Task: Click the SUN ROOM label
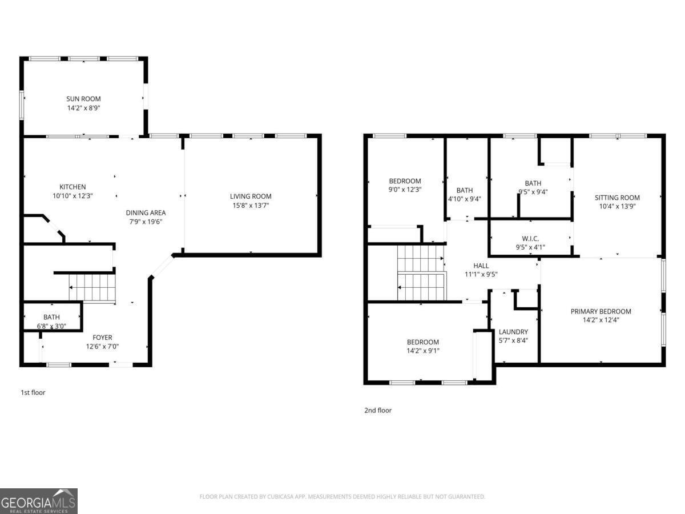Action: [x=83, y=99]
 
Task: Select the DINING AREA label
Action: [x=146, y=213]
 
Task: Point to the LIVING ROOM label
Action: [x=251, y=196]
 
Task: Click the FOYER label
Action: [x=102, y=338]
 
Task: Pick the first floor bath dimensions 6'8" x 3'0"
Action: [x=51, y=326]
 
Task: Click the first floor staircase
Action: [x=91, y=287]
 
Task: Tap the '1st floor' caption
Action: [x=33, y=392]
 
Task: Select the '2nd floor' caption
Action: [x=378, y=410]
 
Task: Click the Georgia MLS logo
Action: [x=39, y=501]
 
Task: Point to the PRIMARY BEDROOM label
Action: [x=601, y=311]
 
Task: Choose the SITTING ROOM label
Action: [x=617, y=198]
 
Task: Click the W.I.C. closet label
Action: [x=530, y=239]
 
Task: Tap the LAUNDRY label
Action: [x=513, y=332]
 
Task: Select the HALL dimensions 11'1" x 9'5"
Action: [x=481, y=274]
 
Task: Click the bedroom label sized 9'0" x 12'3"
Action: [x=405, y=181]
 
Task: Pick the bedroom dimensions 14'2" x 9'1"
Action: [x=423, y=351]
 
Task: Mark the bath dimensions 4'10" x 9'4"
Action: [x=465, y=199]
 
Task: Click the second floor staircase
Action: [x=421, y=272]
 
